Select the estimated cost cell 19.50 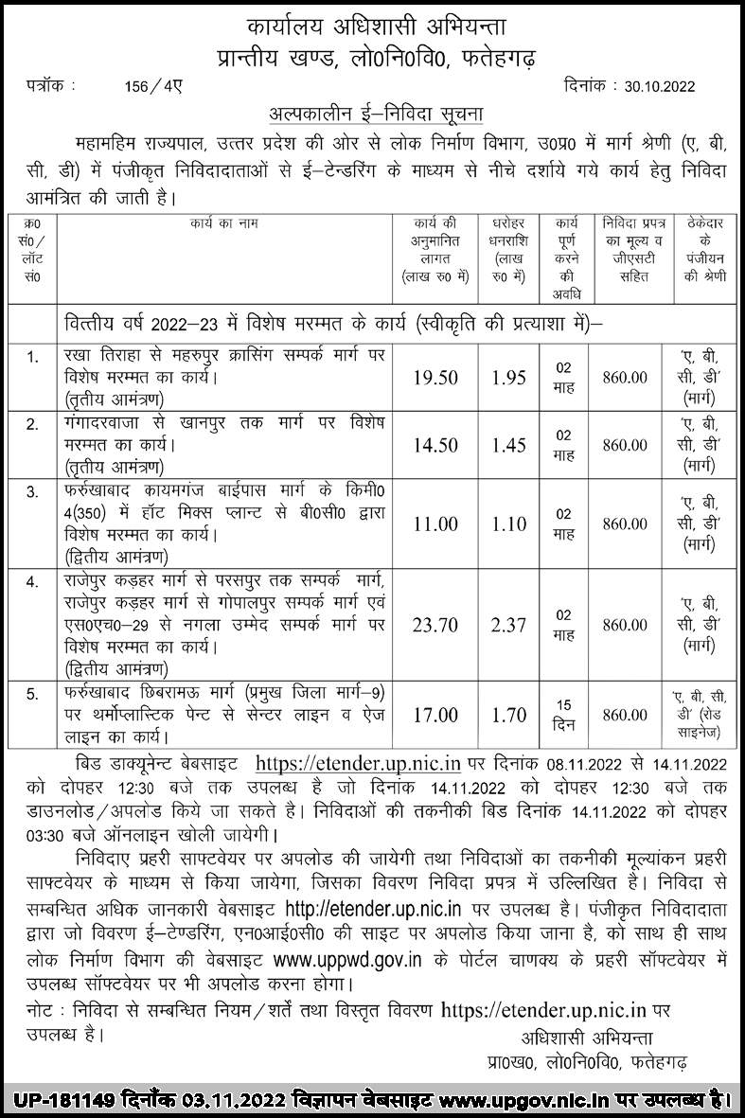tap(435, 377)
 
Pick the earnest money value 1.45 tap(508, 444)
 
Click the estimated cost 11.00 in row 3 tap(435, 524)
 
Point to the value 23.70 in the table tap(435, 623)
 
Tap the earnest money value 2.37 tap(508, 623)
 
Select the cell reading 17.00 tap(435, 714)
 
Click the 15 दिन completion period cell tap(564, 714)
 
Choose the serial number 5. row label tap(33, 695)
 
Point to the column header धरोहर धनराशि tap(508, 240)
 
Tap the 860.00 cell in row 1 tap(625, 377)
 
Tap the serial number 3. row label tap(33, 490)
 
